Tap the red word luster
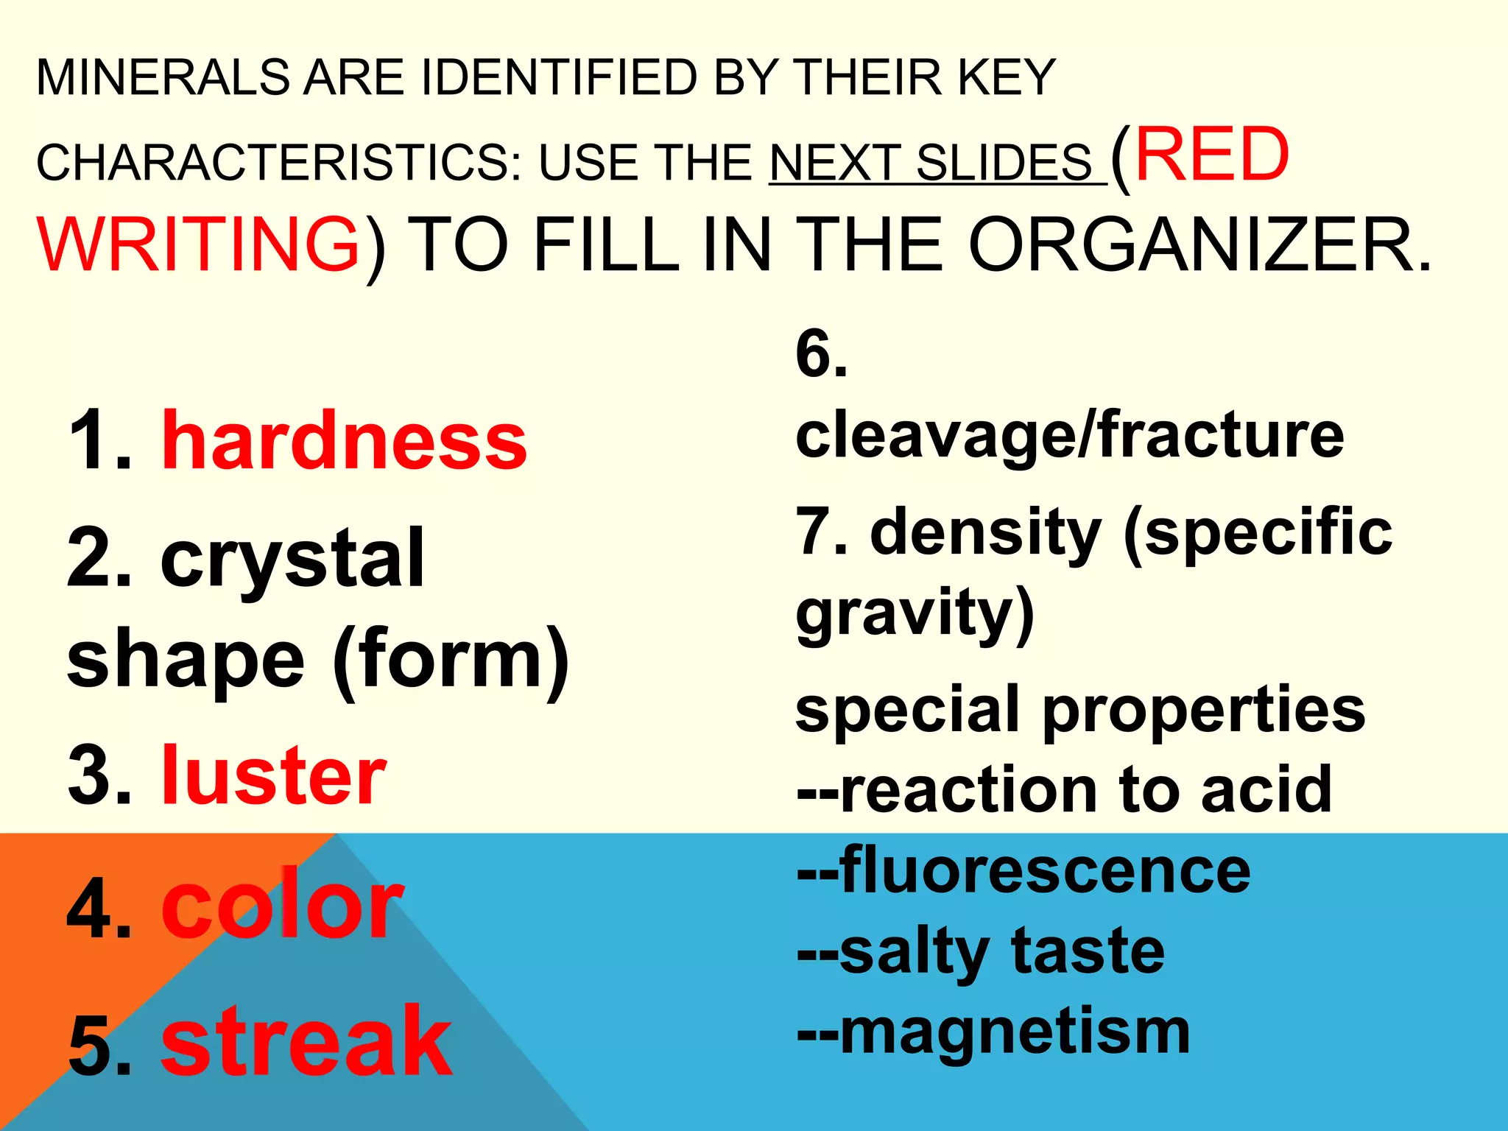[274, 775]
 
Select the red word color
[283, 906]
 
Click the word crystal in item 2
[292, 560]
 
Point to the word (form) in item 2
[451, 659]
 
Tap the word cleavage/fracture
[1069, 435]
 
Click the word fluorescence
[1045, 871]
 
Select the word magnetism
[1015, 1032]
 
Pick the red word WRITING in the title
[199, 244]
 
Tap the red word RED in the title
[1212, 155]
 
